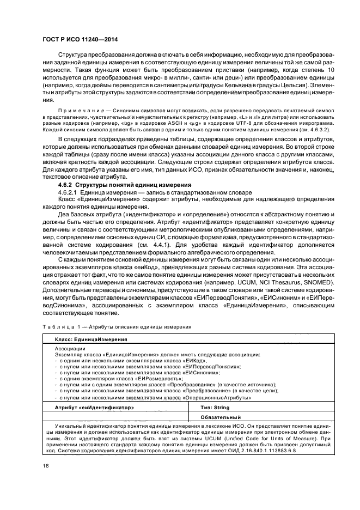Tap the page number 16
[46, 466]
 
